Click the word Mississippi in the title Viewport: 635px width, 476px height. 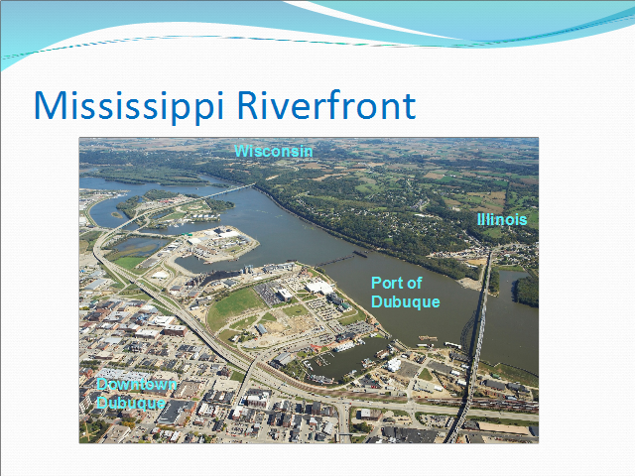[x=129, y=106]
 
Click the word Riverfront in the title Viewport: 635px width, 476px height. [x=326, y=105]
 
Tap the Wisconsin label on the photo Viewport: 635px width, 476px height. [x=274, y=151]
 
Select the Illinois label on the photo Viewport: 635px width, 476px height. [x=502, y=219]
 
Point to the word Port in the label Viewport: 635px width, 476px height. [x=386, y=283]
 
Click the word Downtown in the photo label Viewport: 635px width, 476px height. [x=137, y=384]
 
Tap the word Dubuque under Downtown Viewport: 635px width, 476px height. [x=131, y=403]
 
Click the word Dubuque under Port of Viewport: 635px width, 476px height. [x=406, y=301]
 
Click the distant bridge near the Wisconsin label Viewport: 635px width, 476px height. [x=229, y=190]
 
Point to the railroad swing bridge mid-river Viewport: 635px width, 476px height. [x=342, y=258]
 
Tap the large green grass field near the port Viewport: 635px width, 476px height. [x=237, y=305]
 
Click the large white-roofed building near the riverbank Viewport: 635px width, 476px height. [x=319, y=288]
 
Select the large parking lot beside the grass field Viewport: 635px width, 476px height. [x=269, y=293]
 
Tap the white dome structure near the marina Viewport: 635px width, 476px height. [x=393, y=364]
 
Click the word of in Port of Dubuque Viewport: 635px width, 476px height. [x=415, y=283]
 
